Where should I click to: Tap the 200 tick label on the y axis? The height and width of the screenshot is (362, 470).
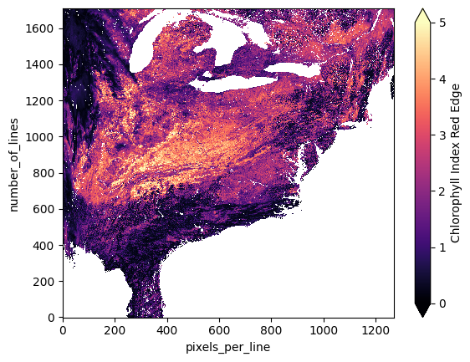coord(46,282)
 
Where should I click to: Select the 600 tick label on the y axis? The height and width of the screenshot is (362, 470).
coord(46,210)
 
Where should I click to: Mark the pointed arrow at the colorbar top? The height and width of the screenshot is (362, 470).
coord(423,15)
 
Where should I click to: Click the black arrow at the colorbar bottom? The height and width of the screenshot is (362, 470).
coord(423,310)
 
